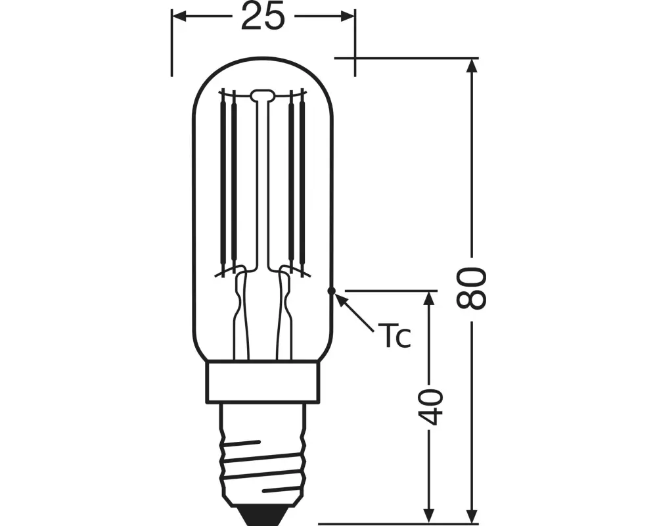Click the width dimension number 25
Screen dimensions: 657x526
click(263, 16)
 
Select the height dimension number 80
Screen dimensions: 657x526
click(472, 289)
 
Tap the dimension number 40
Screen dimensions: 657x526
click(430, 407)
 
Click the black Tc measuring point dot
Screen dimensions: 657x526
click(331, 290)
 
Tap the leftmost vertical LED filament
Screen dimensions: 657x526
click(223, 180)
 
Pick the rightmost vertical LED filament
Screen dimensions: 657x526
click(302, 180)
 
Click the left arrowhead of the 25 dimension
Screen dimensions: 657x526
click(179, 16)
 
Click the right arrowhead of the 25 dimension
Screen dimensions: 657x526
click(348, 16)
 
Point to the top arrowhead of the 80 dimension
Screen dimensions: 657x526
click(472, 66)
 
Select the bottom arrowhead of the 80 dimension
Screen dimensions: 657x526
click(472, 515)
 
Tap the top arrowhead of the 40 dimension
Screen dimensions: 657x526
click(428, 299)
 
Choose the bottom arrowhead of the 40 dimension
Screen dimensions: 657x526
click(428, 515)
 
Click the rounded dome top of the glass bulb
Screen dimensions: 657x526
click(263, 59)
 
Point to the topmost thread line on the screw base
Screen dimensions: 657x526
click(242, 444)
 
